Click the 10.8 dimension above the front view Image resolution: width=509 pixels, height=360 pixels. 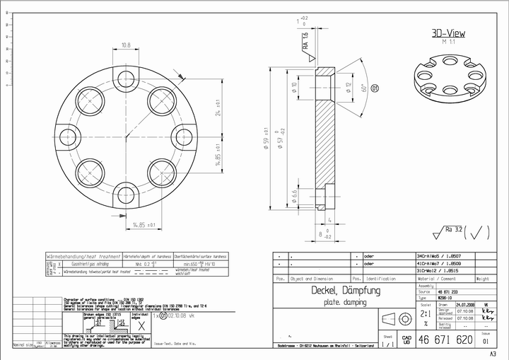126,45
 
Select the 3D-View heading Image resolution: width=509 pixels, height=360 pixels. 448,33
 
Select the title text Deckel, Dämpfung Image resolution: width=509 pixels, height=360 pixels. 346,291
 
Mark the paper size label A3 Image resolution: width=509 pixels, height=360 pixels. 493,352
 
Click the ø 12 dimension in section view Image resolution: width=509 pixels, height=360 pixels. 349,88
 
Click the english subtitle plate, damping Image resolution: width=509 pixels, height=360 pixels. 345,303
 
